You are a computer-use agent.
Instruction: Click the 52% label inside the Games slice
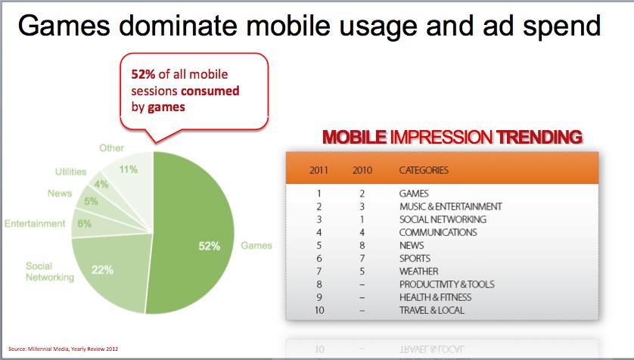(x=209, y=246)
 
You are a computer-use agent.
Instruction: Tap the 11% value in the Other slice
(x=128, y=169)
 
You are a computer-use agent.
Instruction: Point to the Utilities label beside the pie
(x=71, y=172)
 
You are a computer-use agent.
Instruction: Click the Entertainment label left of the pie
(x=35, y=223)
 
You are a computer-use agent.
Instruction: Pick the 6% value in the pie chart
(x=85, y=223)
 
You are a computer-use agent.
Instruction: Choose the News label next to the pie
(x=60, y=193)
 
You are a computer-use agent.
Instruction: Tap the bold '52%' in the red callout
(x=143, y=74)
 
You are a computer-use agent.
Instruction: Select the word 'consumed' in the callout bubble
(x=210, y=91)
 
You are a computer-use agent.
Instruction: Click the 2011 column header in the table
(x=319, y=170)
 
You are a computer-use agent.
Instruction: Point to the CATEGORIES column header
(x=424, y=170)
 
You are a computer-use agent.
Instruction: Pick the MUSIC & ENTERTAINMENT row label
(x=450, y=206)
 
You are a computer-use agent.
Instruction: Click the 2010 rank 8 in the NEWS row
(x=362, y=245)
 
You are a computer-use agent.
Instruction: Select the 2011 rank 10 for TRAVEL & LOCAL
(x=319, y=310)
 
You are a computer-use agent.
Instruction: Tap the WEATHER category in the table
(x=418, y=271)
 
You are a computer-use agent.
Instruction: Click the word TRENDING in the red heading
(x=539, y=138)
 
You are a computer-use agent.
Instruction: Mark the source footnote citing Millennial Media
(x=64, y=349)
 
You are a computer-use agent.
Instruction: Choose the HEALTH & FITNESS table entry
(x=435, y=297)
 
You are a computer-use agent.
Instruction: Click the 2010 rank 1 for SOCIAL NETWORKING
(x=362, y=219)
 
